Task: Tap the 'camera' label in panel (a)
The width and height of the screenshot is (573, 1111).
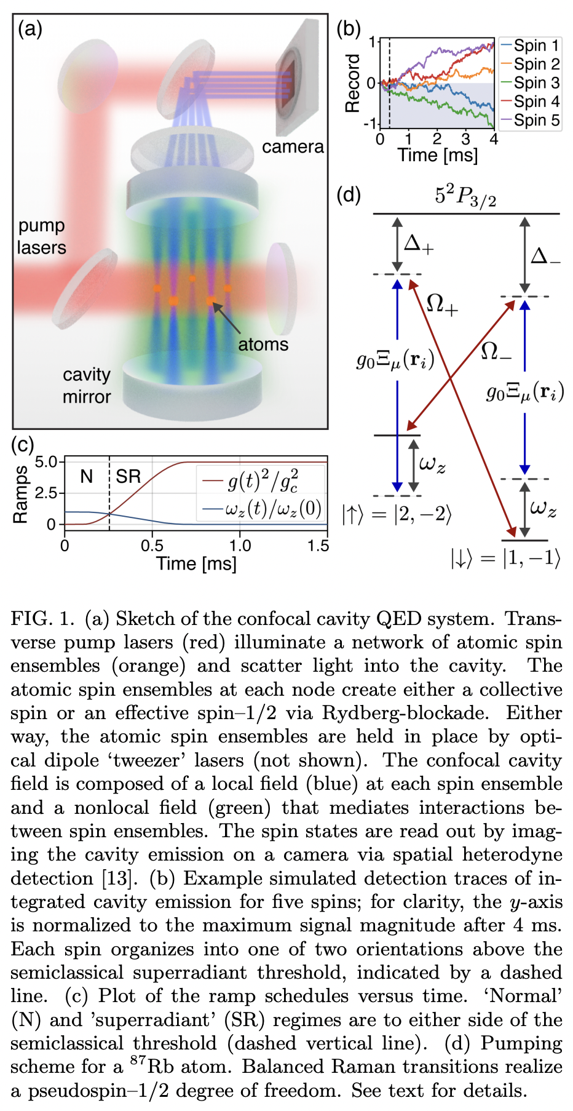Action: [x=293, y=147]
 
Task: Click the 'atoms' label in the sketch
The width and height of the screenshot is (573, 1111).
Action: [x=263, y=344]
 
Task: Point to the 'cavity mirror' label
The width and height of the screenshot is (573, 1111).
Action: [x=87, y=386]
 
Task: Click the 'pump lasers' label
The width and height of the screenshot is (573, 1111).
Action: [x=41, y=236]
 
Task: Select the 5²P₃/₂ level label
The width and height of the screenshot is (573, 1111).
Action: [x=465, y=197]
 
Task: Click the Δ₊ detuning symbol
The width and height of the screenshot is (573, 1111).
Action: [x=419, y=244]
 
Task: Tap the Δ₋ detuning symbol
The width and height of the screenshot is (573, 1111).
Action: [x=545, y=254]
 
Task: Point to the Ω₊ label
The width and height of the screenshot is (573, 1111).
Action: [x=442, y=304]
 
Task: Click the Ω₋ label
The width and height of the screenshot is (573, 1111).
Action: [x=496, y=351]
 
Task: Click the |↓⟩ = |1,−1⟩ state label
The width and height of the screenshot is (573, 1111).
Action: [x=505, y=558]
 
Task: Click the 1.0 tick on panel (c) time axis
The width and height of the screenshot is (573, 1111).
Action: [x=240, y=546]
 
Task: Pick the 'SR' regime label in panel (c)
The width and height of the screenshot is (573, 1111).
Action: [x=128, y=476]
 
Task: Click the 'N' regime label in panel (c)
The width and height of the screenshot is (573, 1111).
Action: [x=86, y=476]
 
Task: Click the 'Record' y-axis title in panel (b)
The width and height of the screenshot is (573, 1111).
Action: [x=352, y=83]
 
